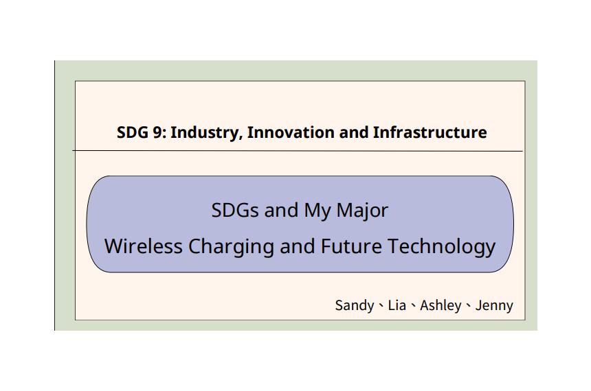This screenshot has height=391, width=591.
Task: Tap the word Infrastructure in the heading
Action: [x=430, y=132]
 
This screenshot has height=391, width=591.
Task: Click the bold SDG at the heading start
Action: [x=133, y=132]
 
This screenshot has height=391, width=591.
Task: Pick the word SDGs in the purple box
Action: [x=235, y=210]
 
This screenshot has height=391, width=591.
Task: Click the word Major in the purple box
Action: [x=362, y=211]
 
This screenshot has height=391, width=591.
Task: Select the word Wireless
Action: [x=143, y=246]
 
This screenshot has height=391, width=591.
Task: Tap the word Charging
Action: [x=231, y=247]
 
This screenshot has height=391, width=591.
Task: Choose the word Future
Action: [x=351, y=246]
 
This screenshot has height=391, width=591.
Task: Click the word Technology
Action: [x=441, y=247]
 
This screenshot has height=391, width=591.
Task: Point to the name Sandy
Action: [x=355, y=306]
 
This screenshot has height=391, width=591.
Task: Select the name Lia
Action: [x=397, y=305]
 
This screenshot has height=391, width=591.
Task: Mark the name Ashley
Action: [x=441, y=306]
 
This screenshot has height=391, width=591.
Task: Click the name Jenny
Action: [x=494, y=306]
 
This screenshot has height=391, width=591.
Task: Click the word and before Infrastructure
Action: [x=353, y=132]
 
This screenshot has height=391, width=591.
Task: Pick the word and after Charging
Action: [x=298, y=246]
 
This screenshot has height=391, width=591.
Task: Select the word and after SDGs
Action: [x=281, y=210]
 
